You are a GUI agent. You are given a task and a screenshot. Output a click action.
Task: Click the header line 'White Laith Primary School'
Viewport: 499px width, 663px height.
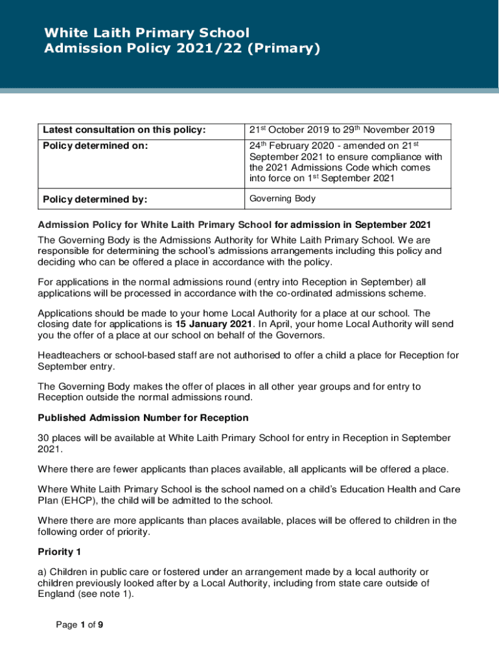(146, 33)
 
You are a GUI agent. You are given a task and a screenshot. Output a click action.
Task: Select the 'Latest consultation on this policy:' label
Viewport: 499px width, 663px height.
(124, 131)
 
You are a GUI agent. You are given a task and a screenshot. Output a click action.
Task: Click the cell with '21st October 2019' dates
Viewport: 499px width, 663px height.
(342, 131)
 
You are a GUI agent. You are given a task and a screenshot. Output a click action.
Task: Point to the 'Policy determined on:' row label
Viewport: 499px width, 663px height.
(95, 146)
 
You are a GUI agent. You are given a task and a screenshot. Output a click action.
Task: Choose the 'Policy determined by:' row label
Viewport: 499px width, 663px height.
(95, 199)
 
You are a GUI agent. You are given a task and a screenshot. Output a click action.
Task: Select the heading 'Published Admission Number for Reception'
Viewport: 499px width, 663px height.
(143, 417)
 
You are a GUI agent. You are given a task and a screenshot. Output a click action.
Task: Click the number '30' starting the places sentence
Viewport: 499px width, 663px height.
(43, 438)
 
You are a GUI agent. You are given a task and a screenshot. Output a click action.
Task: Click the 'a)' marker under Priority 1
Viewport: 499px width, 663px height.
(42, 572)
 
